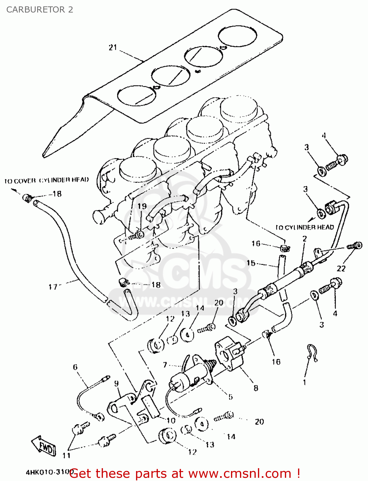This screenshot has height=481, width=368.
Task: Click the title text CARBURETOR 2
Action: tap(39, 10)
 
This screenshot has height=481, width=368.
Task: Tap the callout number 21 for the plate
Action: tap(113, 47)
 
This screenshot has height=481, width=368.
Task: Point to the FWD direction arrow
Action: tap(44, 445)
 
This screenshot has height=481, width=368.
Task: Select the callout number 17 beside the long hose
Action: tap(53, 286)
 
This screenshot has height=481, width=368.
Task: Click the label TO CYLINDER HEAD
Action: tap(304, 227)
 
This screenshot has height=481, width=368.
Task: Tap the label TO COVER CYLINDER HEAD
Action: tap(47, 180)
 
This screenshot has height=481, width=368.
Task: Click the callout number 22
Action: tap(341, 268)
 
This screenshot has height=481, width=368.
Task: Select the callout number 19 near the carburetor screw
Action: tap(142, 206)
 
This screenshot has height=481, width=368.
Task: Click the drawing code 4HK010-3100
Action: tap(48, 472)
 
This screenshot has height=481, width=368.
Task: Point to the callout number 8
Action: tap(256, 388)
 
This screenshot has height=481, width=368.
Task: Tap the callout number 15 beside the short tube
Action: tap(251, 263)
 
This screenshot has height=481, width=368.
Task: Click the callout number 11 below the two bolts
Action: tap(66, 455)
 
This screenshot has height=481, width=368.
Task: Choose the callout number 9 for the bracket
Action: tap(116, 383)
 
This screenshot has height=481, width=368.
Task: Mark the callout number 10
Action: tap(171, 420)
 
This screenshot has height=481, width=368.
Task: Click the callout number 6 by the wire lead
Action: tap(75, 367)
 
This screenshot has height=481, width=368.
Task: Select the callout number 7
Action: tap(165, 365)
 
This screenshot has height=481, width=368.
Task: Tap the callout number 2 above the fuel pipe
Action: tap(304, 239)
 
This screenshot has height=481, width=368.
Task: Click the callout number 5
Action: tap(230, 397)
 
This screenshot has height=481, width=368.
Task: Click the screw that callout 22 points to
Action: tap(355, 246)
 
